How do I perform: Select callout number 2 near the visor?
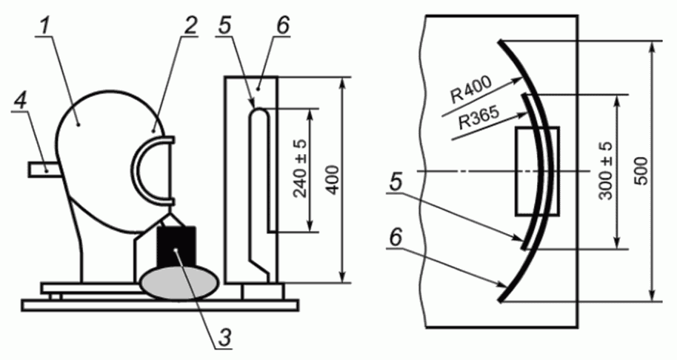coord(189,27)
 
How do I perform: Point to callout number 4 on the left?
coord(20,101)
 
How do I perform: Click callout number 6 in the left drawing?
coord(282,27)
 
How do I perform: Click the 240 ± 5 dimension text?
coord(301,170)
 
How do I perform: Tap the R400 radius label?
coord(470,90)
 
